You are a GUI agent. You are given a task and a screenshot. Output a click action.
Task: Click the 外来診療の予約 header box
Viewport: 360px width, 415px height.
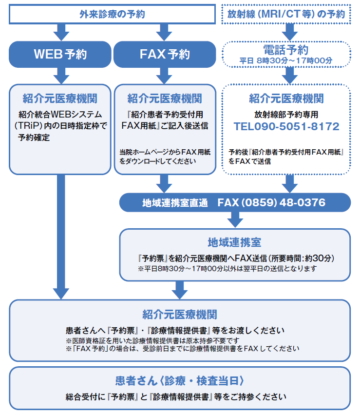point(113,14)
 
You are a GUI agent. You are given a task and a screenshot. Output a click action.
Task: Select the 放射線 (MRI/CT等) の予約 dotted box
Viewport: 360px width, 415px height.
point(286,14)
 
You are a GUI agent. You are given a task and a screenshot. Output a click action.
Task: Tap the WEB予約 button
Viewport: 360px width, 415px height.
point(60,54)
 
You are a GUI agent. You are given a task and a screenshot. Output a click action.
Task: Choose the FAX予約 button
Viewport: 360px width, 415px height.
point(165,54)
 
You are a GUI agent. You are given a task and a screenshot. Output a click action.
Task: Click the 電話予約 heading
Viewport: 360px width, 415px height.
point(286,50)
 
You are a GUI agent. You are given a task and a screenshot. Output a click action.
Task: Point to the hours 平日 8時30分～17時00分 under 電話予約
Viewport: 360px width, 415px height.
point(286,60)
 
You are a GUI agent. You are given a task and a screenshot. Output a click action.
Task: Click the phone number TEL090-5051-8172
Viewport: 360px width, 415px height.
point(286,126)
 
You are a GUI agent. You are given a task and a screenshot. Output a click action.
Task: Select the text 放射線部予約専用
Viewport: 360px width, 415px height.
point(286,115)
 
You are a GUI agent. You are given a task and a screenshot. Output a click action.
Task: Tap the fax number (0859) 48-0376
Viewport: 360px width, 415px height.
point(284,202)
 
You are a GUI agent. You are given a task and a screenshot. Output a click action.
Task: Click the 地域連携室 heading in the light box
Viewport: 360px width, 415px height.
point(234,242)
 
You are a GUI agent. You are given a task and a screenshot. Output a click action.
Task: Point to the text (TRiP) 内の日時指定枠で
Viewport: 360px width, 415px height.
point(60,126)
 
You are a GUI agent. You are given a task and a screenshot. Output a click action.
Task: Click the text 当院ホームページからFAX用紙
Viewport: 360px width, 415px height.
point(165,152)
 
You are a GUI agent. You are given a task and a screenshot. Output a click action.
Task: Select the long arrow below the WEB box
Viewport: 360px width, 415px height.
point(61,237)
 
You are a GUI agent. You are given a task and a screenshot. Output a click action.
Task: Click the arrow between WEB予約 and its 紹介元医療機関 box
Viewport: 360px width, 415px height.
point(61,76)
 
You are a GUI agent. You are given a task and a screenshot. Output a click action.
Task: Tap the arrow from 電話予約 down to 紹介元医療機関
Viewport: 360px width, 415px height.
point(290,76)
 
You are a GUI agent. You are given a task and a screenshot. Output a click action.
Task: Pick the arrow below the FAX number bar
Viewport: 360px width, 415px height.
point(235,219)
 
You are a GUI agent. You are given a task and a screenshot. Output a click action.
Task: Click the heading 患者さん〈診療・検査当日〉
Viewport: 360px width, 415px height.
point(180,381)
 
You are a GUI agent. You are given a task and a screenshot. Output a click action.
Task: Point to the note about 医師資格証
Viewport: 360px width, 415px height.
point(152,340)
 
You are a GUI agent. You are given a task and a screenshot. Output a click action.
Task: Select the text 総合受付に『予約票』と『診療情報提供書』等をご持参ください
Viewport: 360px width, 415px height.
point(176,397)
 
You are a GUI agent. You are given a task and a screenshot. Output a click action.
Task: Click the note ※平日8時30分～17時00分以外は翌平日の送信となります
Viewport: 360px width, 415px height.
point(227,269)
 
